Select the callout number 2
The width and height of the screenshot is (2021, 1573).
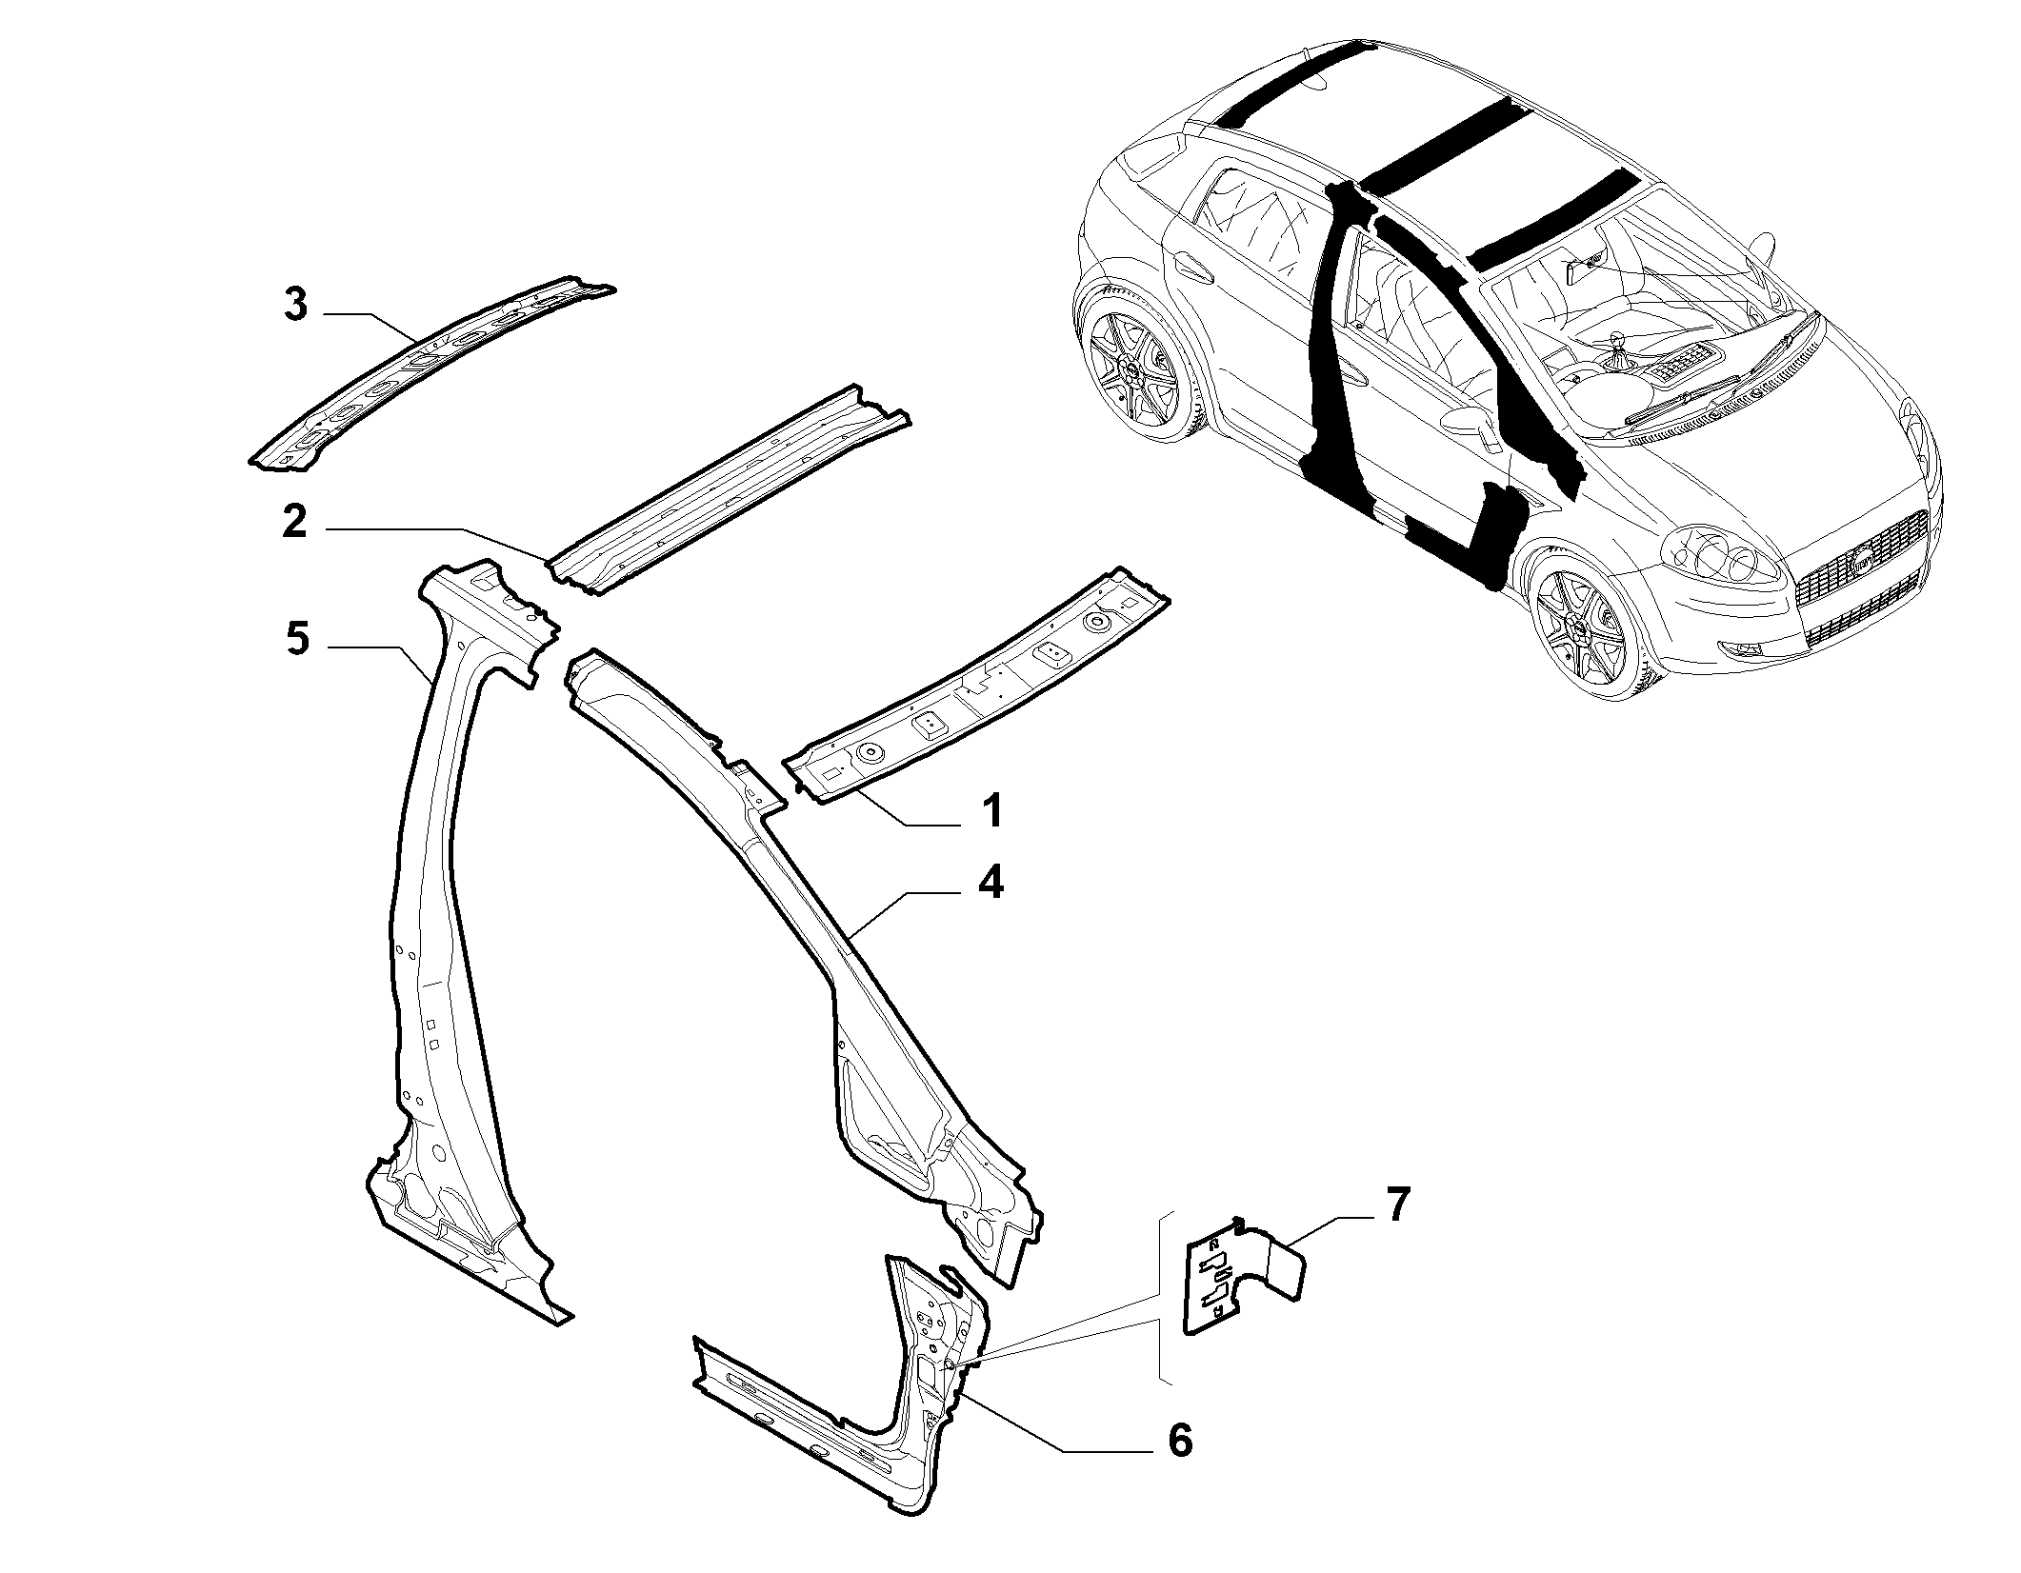coord(295,522)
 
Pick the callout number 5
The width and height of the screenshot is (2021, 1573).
coord(297,639)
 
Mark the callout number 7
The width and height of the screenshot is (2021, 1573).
coord(1395,1205)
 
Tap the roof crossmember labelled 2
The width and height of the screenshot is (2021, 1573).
coord(729,490)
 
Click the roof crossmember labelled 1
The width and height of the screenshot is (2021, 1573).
coord(976,686)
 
